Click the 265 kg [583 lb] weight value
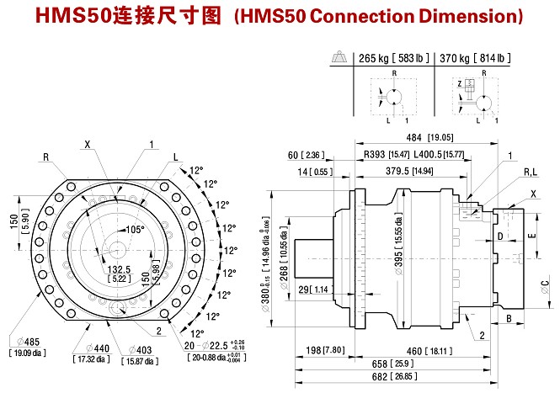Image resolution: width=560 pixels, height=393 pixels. point(392,58)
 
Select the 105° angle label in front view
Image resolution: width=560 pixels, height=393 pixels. point(135,229)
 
